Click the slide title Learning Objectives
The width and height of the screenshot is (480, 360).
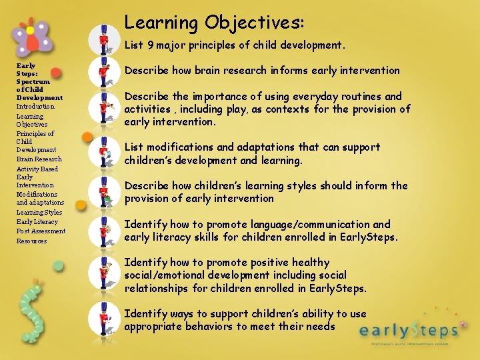pyautogui.click(x=214, y=22)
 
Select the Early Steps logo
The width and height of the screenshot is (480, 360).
pyautogui.click(x=409, y=330)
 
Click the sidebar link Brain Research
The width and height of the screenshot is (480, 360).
pyautogui.click(x=39, y=159)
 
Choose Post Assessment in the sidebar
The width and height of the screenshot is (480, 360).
pyautogui.click(x=41, y=231)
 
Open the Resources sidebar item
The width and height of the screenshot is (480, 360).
pyautogui.click(x=31, y=241)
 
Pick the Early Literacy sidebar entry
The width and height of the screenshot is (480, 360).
pyautogui.click(x=37, y=222)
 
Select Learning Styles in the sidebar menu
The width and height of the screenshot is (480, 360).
pyautogui.click(x=39, y=213)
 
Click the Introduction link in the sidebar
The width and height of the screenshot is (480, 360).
pyautogui.click(x=35, y=107)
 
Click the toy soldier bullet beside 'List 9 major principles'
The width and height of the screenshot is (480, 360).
pyautogui.click(x=103, y=39)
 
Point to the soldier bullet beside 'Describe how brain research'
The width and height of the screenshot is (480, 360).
pyautogui.click(x=103, y=71)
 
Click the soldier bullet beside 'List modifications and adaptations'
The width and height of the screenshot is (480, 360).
pyautogui.click(x=103, y=153)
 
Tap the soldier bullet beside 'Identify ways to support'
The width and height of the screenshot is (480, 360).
pyautogui.click(x=103, y=319)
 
